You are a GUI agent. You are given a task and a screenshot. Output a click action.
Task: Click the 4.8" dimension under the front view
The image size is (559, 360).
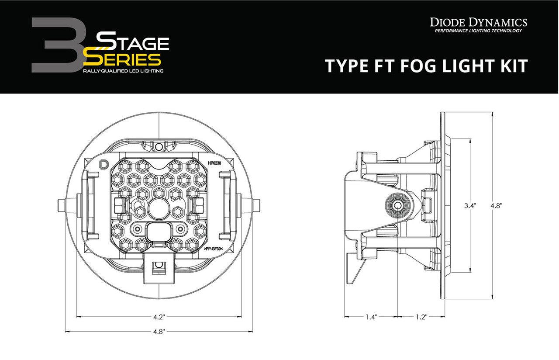pyautogui.click(x=159, y=331)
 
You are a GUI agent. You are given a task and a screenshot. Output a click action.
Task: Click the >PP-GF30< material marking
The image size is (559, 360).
pyautogui.click(x=214, y=249)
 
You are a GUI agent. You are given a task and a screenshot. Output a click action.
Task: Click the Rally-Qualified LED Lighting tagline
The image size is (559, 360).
pyautogui.click(x=124, y=71)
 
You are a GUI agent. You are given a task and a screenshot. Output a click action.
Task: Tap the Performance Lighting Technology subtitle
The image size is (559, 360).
pyautogui.click(x=478, y=31)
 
